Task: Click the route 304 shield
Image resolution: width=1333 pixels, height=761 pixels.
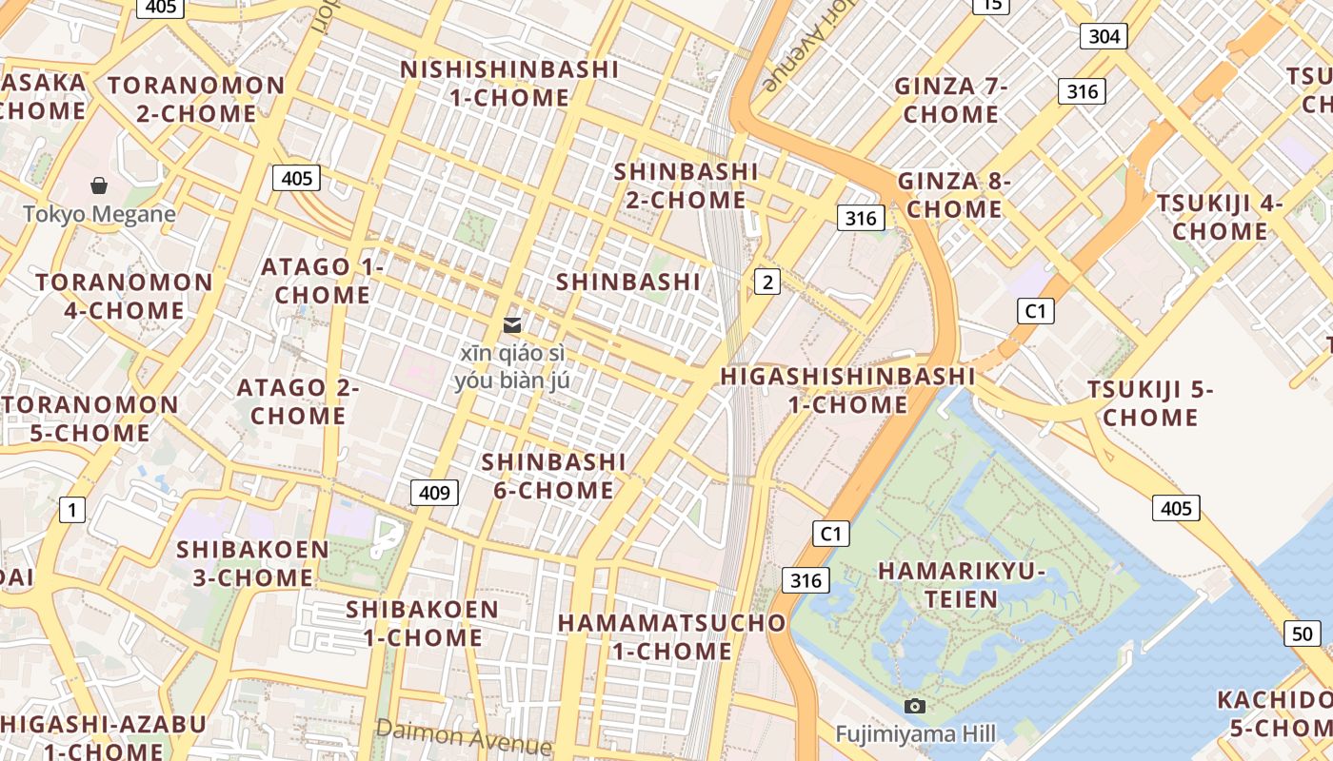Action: [1104, 36]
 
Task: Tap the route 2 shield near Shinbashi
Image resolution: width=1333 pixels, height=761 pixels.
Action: [767, 281]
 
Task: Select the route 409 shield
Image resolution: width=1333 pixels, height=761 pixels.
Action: [434, 492]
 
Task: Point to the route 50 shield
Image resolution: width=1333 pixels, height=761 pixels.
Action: [1303, 634]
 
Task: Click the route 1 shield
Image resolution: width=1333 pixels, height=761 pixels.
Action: [71, 510]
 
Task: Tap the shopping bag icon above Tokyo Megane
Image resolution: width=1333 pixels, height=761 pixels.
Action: [99, 185]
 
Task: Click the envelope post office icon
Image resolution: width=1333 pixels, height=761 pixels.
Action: [513, 325]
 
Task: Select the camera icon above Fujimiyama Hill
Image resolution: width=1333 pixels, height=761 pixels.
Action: [915, 706]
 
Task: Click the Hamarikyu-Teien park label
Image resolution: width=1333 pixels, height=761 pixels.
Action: [962, 585]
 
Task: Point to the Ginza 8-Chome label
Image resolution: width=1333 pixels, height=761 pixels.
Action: [954, 194]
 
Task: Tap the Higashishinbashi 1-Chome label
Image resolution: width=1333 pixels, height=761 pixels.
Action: [848, 390]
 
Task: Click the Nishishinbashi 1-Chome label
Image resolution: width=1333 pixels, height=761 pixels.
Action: [509, 84]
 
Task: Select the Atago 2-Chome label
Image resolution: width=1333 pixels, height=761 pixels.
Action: [298, 401]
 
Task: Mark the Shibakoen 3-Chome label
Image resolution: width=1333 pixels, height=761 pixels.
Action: [252, 563]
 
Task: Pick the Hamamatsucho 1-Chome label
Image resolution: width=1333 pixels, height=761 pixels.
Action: [672, 636]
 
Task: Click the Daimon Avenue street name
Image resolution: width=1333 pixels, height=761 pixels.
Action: [464, 735]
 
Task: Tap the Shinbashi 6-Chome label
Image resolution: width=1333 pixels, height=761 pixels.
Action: [553, 476]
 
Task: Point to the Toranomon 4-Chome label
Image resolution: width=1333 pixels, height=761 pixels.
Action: [124, 296]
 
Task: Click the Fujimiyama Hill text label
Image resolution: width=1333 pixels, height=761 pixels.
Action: [915, 733]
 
